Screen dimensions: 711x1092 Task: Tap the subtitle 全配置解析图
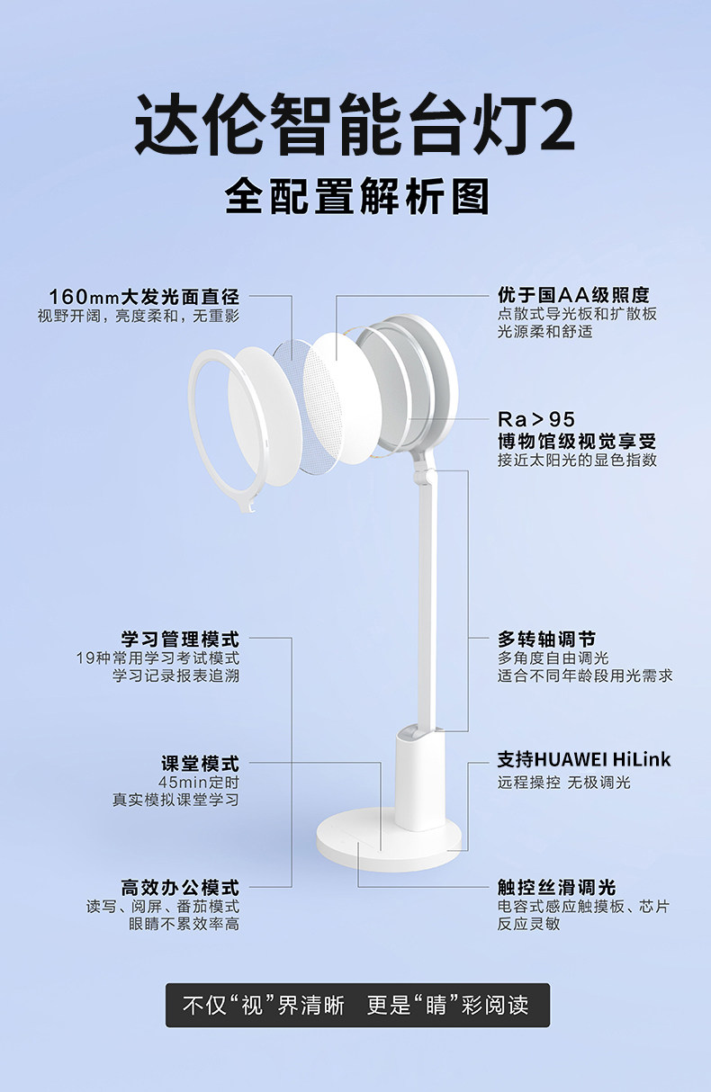pyautogui.click(x=356, y=195)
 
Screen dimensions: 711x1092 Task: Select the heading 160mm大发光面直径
pyautogui.click(x=144, y=296)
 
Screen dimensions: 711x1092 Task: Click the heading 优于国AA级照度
pyautogui.click(x=573, y=295)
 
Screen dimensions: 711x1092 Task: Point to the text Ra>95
pyautogui.click(x=535, y=419)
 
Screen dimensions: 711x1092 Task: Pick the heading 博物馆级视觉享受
pyautogui.click(x=577, y=441)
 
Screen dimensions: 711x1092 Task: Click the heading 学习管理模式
pyautogui.click(x=181, y=640)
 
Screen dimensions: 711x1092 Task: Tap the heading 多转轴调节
pyautogui.click(x=546, y=640)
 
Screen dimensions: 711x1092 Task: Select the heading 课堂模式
pyautogui.click(x=200, y=764)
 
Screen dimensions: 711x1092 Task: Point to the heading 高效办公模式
pyautogui.click(x=181, y=888)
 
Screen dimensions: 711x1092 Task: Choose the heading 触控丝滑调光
pyautogui.click(x=556, y=888)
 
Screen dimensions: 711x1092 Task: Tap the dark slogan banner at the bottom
pyautogui.click(x=356, y=1005)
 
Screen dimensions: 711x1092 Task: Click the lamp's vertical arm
pyautogui.click(x=427, y=585)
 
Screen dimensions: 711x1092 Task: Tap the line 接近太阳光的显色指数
pyautogui.click(x=577, y=461)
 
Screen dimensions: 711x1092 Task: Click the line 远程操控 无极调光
pyautogui.click(x=564, y=783)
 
